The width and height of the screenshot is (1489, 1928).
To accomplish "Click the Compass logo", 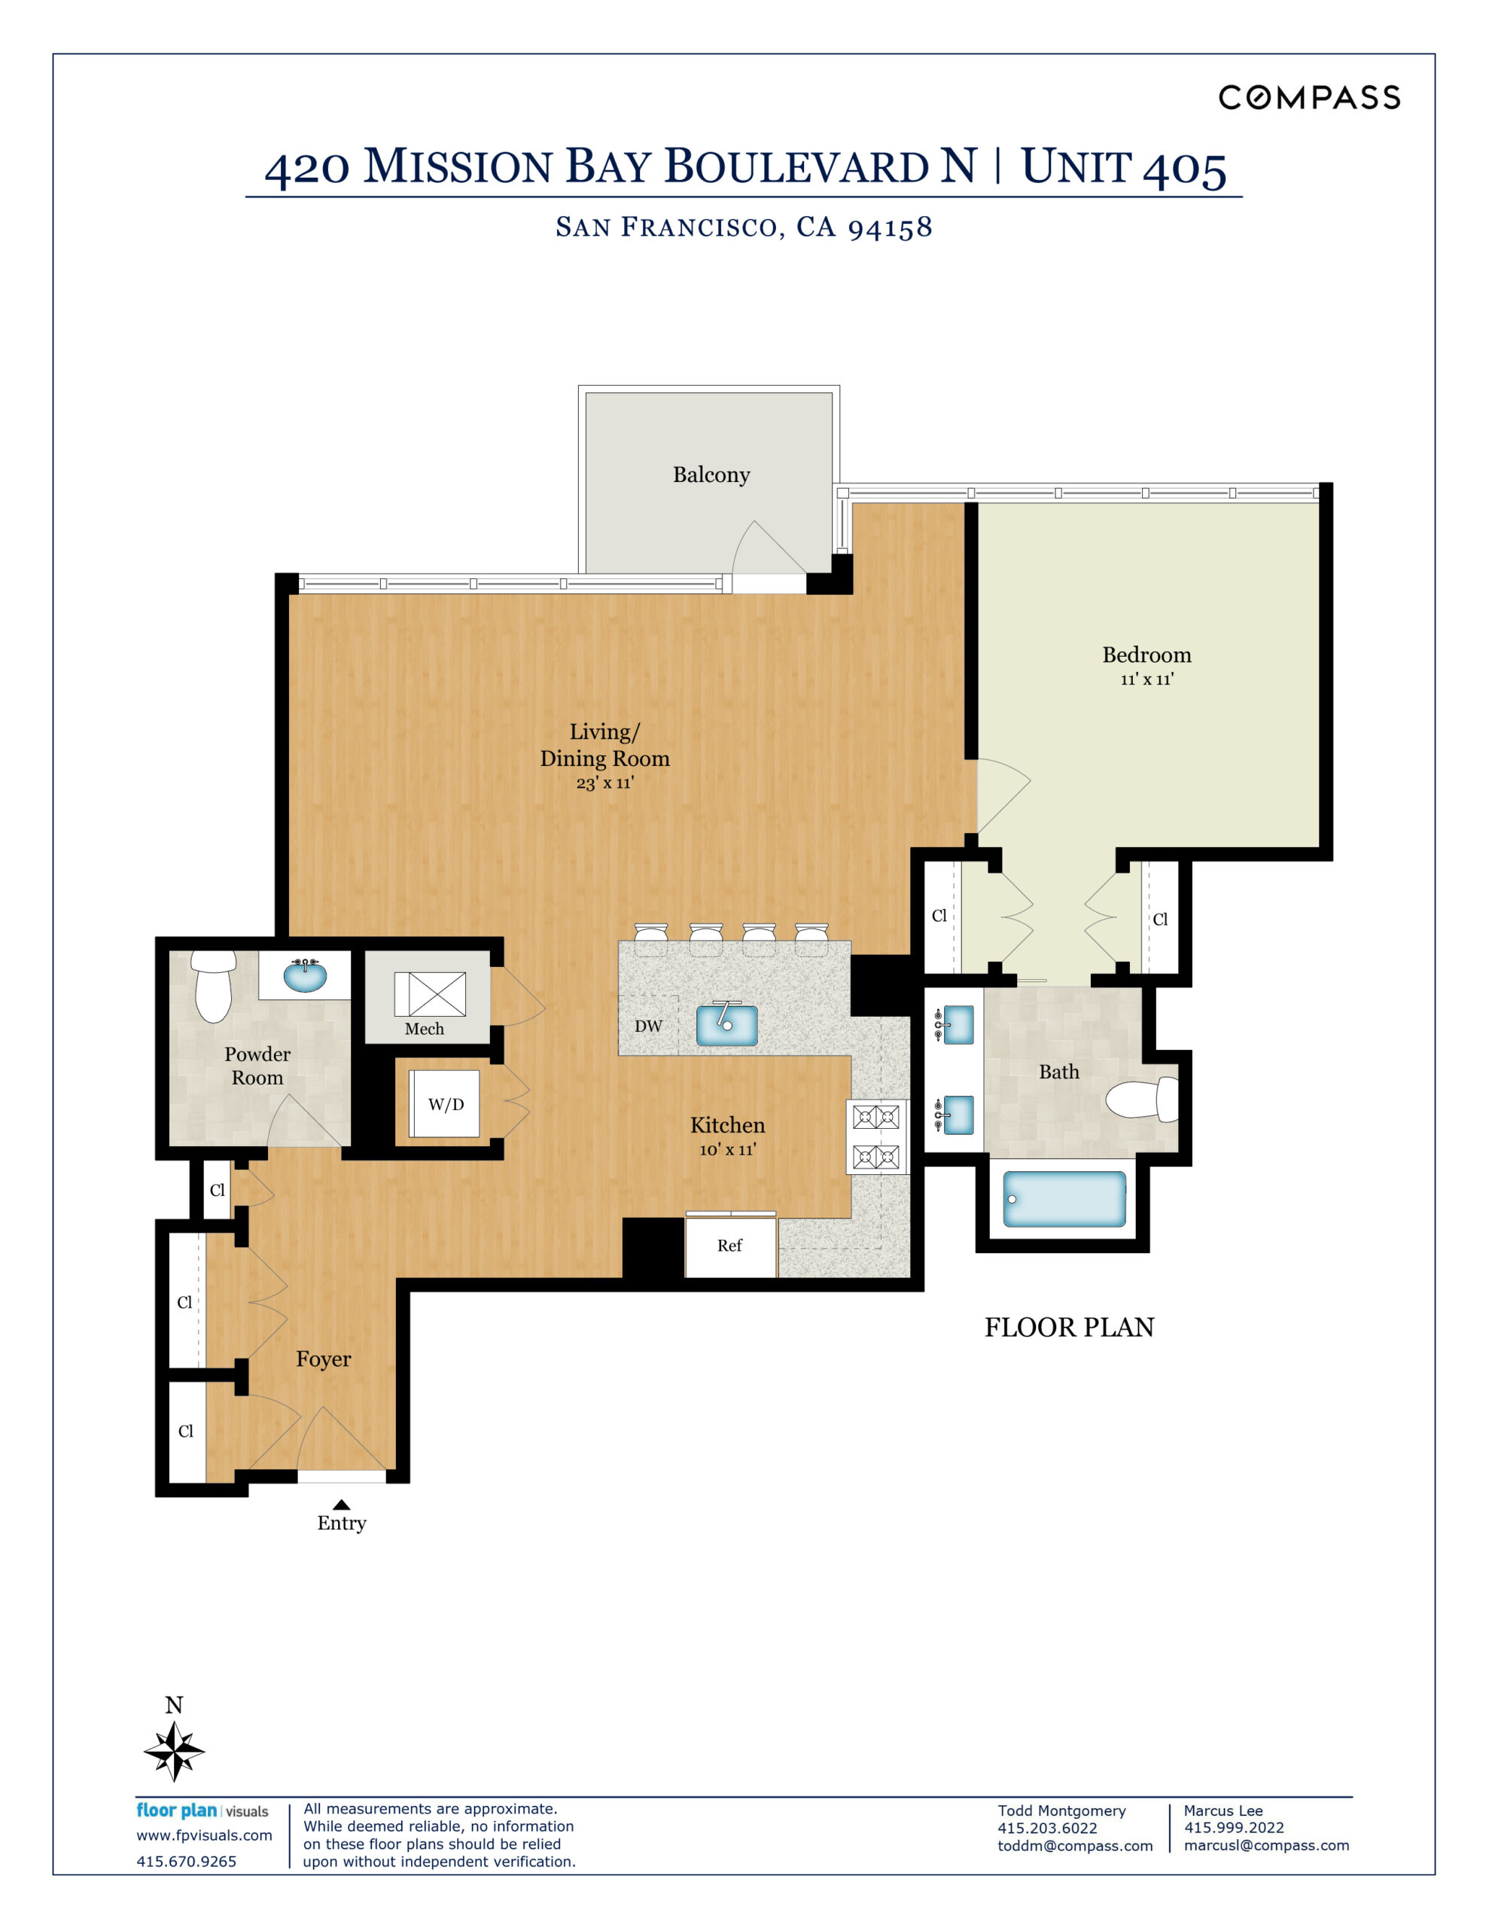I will [1309, 97].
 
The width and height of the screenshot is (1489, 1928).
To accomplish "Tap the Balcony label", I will [711, 475].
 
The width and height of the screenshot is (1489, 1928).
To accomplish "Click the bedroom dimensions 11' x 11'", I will [1146, 680].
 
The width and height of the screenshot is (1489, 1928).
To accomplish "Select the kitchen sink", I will [726, 1025].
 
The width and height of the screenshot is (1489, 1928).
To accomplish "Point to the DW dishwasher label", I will [648, 1026].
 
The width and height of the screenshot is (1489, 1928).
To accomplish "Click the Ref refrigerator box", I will [730, 1246].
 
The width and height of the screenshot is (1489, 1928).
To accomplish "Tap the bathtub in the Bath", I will [1064, 1199].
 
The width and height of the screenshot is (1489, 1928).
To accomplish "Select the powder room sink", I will [305, 975].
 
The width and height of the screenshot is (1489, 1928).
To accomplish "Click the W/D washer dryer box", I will [445, 1104].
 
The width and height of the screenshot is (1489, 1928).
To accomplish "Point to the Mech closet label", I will [425, 1029].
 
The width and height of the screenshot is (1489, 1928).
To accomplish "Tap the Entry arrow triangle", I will [342, 1504].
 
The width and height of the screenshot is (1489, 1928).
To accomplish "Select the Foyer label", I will [323, 1359].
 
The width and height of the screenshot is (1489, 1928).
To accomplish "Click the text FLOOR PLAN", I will [1069, 1327].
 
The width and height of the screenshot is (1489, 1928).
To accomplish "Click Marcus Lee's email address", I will [1265, 1845].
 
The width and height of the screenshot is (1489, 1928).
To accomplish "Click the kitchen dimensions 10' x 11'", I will [727, 1149].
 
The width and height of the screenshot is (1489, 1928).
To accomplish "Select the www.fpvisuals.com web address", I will [204, 1835].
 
